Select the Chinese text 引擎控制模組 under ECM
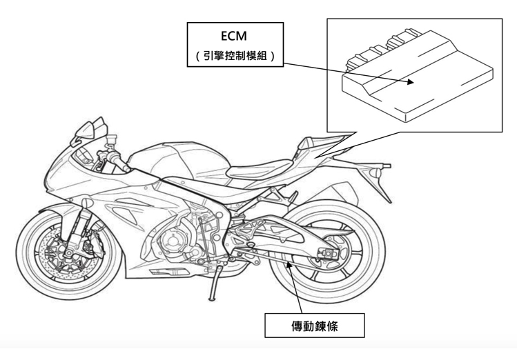tap(235, 57)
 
